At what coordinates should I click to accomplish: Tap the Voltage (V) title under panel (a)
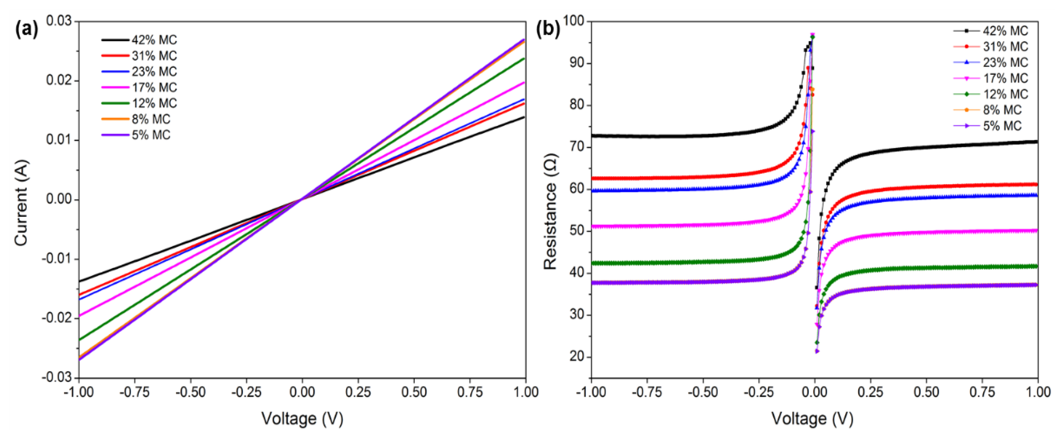coord(302,419)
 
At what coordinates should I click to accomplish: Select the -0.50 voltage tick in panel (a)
coord(191,392)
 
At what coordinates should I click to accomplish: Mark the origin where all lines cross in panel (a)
coord(302,200)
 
